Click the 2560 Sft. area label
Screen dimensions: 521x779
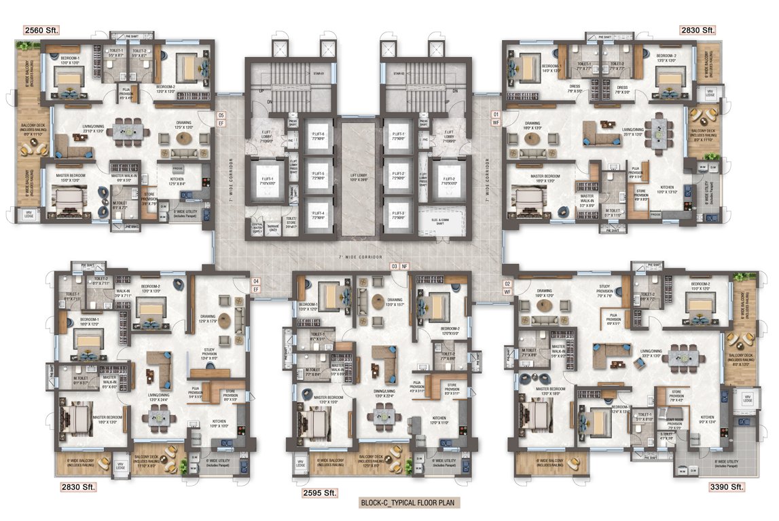coord(42,30)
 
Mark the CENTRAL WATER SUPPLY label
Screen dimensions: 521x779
coord(257,228)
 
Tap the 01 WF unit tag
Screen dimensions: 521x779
coord(496,118)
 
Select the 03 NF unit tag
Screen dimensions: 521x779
coord(398,267)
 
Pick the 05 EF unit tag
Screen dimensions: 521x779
coord(220,119)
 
